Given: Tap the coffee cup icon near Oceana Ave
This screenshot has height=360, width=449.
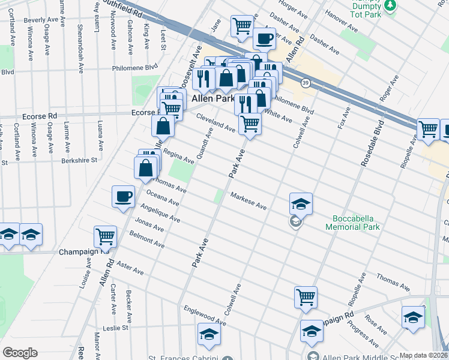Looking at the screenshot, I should [124, 197].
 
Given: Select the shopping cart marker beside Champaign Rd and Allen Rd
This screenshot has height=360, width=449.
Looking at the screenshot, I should [106, 237].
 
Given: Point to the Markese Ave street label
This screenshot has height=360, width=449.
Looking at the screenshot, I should [249, 202].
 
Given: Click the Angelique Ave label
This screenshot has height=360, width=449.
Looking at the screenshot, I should [160, 213].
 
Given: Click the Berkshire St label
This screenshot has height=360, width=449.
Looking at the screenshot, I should [79, 161].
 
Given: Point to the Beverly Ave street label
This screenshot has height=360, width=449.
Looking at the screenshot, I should [41, 20].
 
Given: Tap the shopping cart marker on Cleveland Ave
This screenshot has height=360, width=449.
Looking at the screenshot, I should [250, 124].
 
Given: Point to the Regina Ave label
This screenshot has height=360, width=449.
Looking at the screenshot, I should [178, 157].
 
